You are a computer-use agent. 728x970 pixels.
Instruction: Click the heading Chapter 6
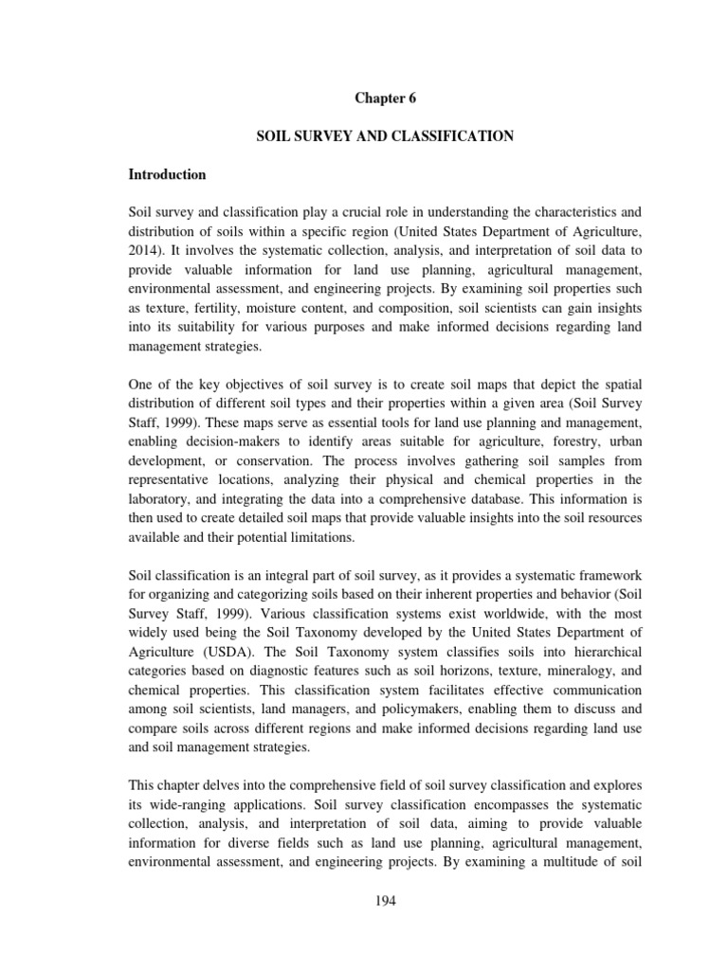coord(386,98)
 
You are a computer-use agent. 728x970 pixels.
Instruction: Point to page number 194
coord(386,900)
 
